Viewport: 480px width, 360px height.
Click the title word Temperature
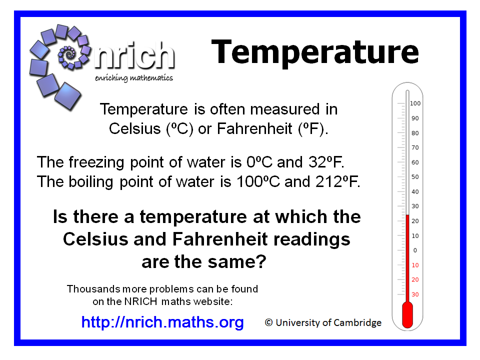315,52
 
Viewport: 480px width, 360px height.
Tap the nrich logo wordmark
134,55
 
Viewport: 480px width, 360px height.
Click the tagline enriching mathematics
134,78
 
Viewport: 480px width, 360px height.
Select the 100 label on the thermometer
415,103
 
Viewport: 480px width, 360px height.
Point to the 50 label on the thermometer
415,177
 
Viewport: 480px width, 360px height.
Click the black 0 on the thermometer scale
415,250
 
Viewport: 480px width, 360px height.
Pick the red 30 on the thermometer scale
415,294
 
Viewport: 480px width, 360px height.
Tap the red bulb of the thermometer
407,314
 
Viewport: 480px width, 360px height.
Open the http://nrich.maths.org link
162,322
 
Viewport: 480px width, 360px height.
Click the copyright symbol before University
269,322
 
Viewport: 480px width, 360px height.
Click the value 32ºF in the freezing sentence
326,162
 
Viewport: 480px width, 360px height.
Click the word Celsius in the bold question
95,239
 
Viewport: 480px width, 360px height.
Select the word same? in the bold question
235,262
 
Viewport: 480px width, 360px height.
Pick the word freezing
96,162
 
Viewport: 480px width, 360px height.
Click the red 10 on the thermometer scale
415,265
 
